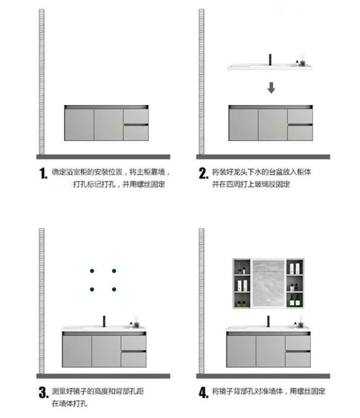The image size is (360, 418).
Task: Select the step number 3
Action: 43,392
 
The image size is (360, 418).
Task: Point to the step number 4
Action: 203,392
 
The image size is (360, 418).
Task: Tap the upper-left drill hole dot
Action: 92,271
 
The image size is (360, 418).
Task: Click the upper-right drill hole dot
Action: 114,271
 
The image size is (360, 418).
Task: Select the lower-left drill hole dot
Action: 92,289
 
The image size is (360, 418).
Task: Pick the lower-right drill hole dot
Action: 114,289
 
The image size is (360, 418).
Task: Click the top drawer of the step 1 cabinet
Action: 135,116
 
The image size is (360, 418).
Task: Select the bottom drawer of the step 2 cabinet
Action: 300,133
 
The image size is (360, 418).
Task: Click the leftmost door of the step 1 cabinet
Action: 79,125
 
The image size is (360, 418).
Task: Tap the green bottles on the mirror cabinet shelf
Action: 294,300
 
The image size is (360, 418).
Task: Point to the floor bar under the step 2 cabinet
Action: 263,157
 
